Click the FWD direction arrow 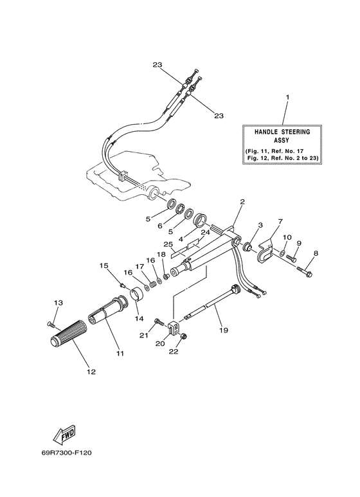point(64,433)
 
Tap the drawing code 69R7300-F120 point(66,453)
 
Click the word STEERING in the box point(295,132)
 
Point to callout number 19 point(224,330)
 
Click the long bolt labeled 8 point(305,271)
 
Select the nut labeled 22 point(183,337)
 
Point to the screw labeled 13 point(50,323)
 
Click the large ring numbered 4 point(202,219)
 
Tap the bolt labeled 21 point(159,322)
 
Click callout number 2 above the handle point(242,201)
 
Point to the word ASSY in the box point(282,140)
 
